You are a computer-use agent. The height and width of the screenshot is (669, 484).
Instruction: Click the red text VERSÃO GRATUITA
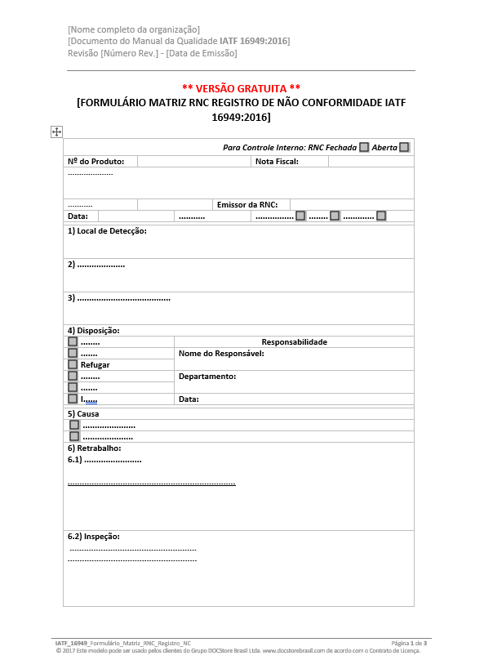tap(242, 88)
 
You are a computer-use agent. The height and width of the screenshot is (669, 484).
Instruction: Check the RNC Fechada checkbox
tap(364, 147)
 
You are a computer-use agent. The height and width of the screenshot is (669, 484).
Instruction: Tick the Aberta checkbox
tap(404, 147)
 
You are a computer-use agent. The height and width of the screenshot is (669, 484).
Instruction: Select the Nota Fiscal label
tap(277, 161)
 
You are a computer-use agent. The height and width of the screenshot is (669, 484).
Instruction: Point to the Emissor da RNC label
tap(247, 204)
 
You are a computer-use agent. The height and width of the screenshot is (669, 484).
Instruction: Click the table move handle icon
tap(56, 132)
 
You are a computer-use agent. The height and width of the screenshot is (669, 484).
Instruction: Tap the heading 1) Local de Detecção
tap(107, 231)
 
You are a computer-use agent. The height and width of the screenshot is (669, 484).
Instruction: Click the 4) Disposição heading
tap(93, 330)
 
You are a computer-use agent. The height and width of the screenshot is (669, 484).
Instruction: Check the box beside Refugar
tap(73, 364)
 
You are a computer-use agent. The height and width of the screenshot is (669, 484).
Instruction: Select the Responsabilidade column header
tap(294, 341)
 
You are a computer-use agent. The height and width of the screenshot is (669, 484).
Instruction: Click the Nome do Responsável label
tap(221, 354)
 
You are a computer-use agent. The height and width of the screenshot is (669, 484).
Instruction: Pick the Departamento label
tap(207, 376)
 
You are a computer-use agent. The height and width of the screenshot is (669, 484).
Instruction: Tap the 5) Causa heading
tap(83, 413)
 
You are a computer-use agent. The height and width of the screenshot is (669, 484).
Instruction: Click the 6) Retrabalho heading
tap(94, 448)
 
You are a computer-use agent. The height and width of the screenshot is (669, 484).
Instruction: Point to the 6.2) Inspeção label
tap(94, 536)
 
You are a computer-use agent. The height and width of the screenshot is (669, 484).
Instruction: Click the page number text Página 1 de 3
tap(409, 644)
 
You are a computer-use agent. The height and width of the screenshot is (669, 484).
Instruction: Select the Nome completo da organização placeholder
tap(134, 30)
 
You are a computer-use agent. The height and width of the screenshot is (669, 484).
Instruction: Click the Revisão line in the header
tap(153, 53)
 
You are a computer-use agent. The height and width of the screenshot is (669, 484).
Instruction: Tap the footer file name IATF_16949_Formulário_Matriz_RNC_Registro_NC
tap(123, 644)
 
